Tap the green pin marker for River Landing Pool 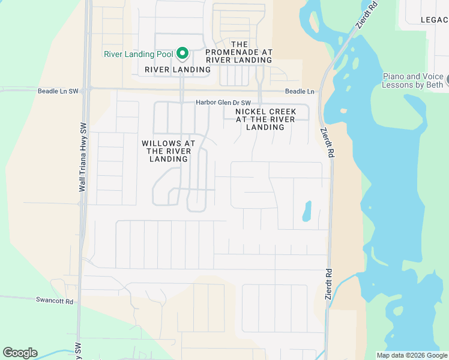[x=182, y=53]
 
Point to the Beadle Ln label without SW [x=300, y=91]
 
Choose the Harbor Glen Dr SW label [x=223, y=103]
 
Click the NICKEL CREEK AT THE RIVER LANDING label [x=265, y=119]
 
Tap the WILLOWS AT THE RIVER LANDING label [x=169, y=151]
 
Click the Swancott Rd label [x=54, y=301]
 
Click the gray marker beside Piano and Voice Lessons [x=447, y=78]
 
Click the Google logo [x=20, y=353]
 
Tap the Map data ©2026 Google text [x=412, y=355]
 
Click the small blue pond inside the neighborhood [x=307, y=211]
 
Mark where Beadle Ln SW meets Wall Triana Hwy [x=88, y=88]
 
